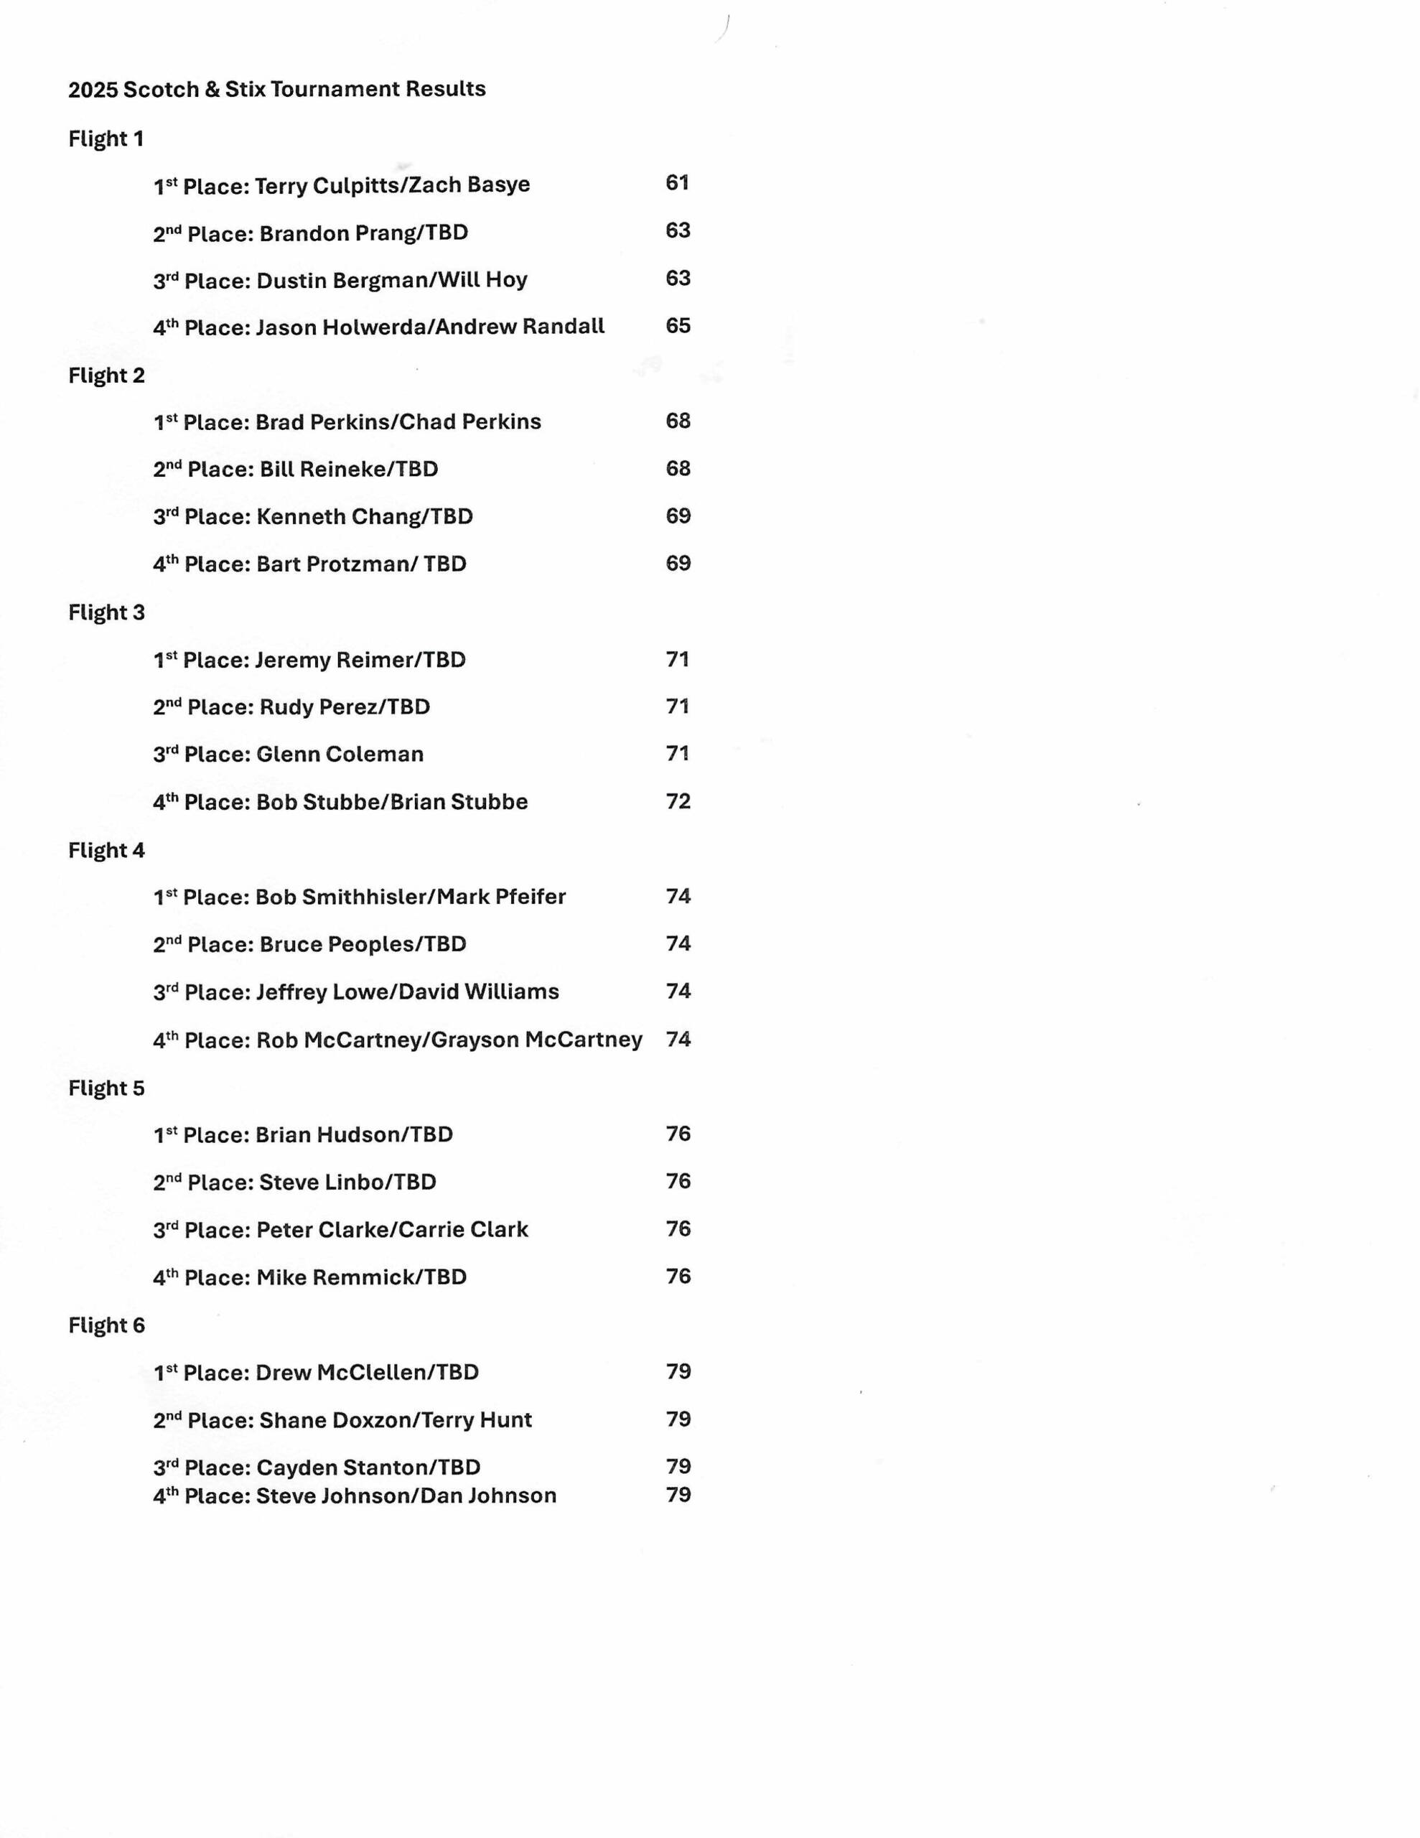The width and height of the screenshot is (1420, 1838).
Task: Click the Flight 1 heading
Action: tap(106, 139)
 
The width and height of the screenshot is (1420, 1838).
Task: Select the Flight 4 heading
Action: tap(106, 850)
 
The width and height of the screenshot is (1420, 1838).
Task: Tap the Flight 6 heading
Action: tap(106, 1325)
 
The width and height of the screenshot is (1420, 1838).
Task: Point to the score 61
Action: tap(677, 182)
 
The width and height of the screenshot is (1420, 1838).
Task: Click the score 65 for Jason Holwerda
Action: tap(678, 326)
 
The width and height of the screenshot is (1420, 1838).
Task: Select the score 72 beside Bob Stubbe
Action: tap(678, 801)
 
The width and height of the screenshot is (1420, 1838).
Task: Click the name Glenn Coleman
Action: tap(340, 754)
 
